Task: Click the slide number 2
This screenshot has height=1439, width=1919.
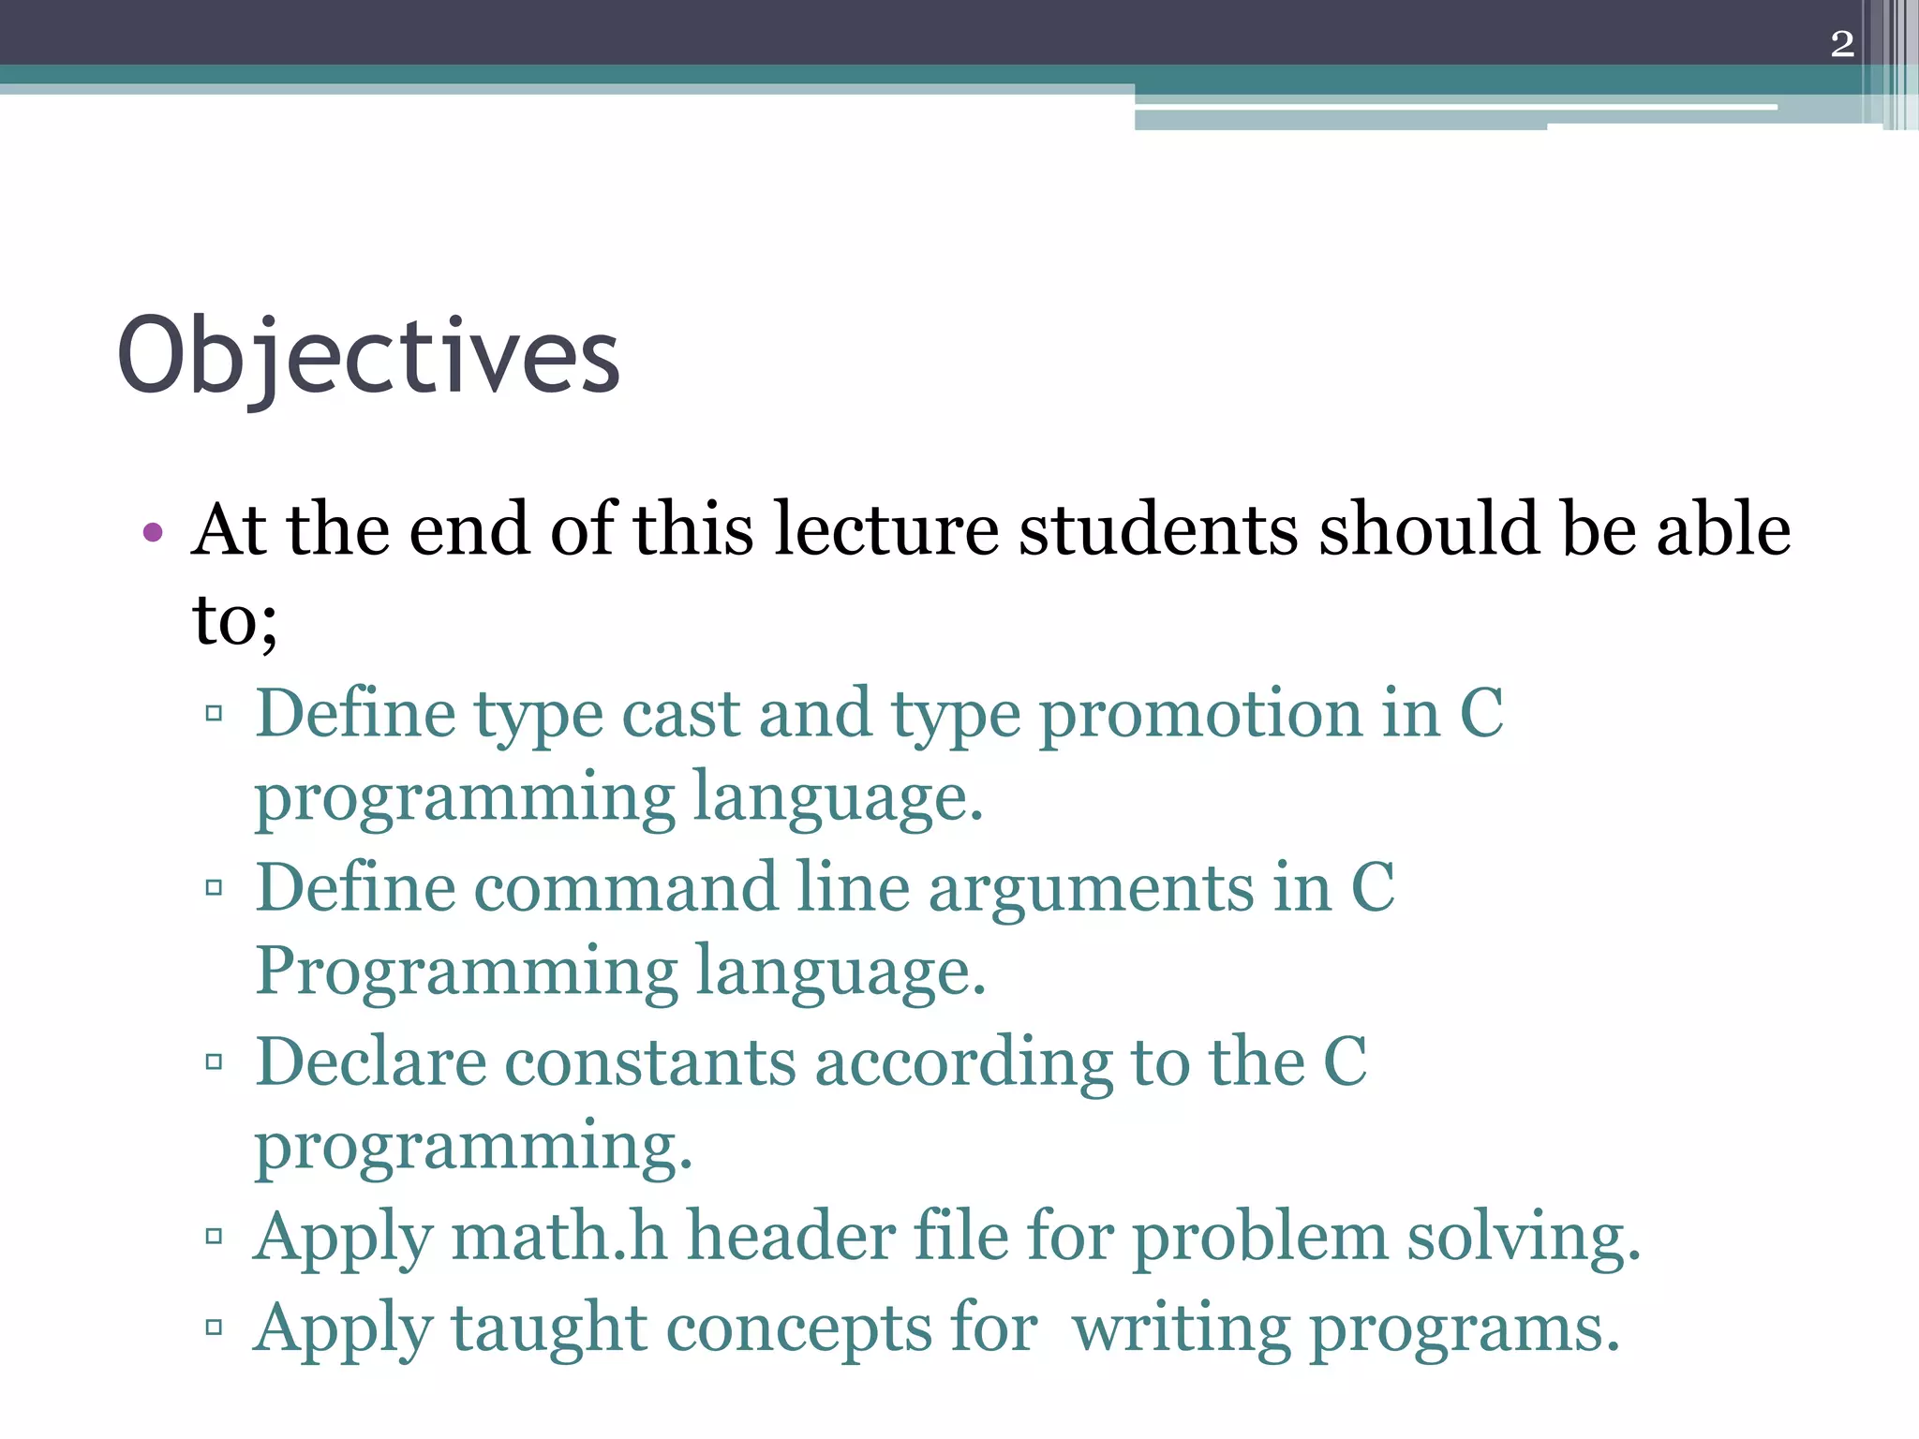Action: click(1841, 44)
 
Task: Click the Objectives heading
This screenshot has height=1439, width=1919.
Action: click(368, 357)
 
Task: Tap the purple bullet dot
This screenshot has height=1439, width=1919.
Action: click(153, 533)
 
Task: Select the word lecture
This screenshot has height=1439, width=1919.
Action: click(886, 529)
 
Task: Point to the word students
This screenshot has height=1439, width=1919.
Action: click(1159, 529)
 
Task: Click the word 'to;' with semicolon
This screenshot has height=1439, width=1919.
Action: click(234, 620)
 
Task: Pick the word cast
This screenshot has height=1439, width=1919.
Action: click(680, 714)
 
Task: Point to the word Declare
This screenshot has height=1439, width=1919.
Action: click(371, 1062)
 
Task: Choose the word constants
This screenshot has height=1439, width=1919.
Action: click(650, 1064)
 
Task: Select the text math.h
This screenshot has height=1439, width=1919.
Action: click(559, 1237)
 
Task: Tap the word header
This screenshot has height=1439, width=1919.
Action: click(791, 1237)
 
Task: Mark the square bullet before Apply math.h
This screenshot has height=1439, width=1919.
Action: click(214, 1237)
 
